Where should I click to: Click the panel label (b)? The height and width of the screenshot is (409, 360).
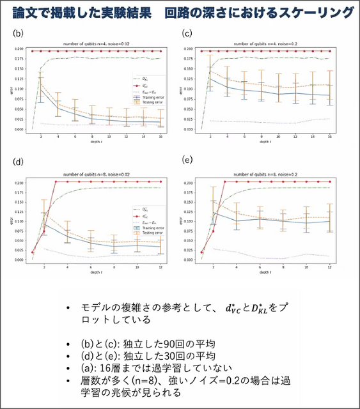tap(19, 33)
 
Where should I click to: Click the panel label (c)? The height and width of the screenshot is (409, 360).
tap(187, 33)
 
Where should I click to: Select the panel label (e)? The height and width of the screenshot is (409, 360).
tap(187, 158)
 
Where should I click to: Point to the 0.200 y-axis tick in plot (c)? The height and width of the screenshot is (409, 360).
tap(191, 49)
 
